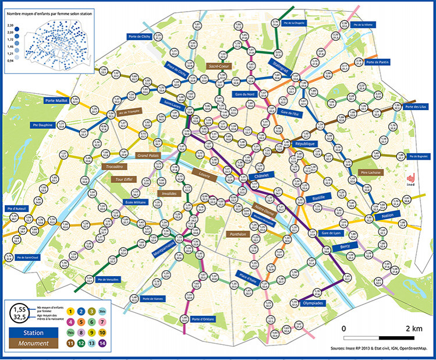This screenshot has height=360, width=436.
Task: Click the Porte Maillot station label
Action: point(56,100)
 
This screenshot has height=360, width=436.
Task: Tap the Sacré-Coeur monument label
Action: point(219,66)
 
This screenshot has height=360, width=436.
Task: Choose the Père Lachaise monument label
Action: point(374,172)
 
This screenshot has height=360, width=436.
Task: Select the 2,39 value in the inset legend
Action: point(10,26)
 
